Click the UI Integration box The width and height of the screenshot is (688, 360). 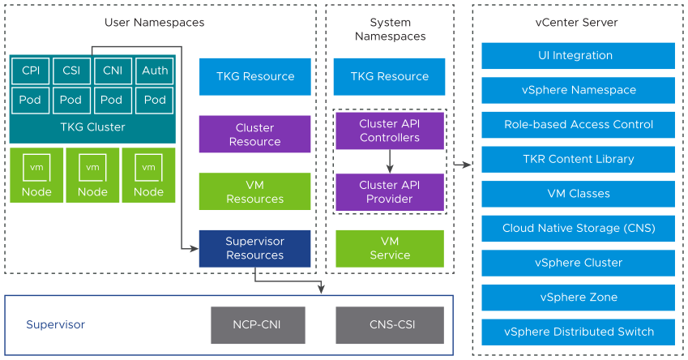click(578, 56)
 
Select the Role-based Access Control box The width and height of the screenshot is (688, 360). click(578, 125)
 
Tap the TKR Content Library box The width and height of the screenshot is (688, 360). click(578, 159)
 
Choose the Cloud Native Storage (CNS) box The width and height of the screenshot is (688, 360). click(578, 228)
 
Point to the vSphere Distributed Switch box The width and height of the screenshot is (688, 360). click(578, 332)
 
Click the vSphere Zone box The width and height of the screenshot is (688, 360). click(578, 297)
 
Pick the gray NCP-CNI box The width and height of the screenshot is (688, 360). click(258, 325)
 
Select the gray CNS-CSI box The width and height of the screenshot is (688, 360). click(390, 325)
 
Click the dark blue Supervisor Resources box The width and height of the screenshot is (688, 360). click(254, 248)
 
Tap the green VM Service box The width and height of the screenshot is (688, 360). click(390, 248)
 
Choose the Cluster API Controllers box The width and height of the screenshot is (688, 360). click(390, 131)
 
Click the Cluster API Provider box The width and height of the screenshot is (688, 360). click(390, 192)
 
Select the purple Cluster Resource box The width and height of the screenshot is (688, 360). click(254, 135)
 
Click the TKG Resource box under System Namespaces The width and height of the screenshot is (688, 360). click(390, 76)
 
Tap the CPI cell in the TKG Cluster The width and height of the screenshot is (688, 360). click(31, 71)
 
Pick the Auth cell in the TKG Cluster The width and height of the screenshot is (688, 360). click(155, 71)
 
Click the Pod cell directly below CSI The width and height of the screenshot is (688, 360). click(71, 100)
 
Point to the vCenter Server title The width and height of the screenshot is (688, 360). click(578, 23)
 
